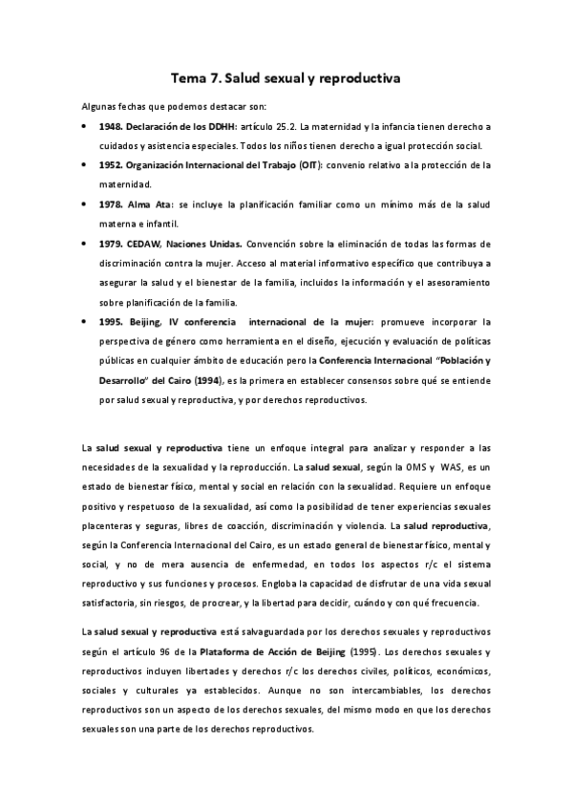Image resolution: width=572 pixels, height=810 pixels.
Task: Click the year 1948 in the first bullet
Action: (x=108, y=126)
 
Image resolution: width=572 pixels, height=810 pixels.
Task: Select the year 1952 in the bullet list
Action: (x=108, y=164)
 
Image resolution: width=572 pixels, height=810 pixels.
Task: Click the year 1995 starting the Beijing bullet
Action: (x=108, y=322)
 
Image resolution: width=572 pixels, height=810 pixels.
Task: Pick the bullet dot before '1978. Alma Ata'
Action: (x=86, y=204)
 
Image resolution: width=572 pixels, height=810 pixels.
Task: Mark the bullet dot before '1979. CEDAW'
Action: (x=86, y=244)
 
